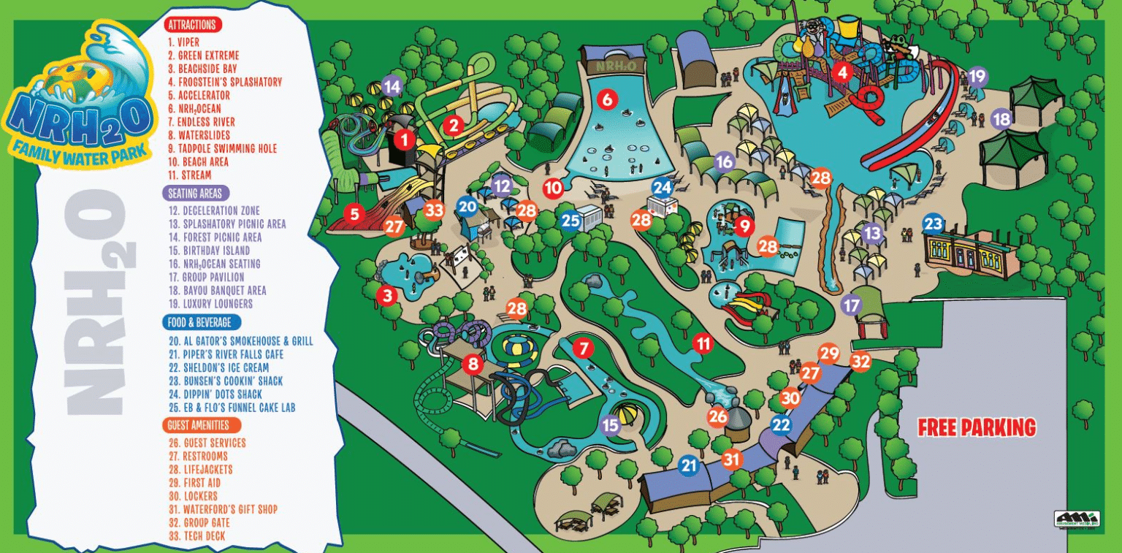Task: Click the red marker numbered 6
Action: (x=607, y=99)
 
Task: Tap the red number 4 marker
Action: (x=843, y=72)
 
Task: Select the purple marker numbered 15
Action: (x=610, y=425)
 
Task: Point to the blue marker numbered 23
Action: (x=933, y=224)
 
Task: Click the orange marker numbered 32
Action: (x=861, y=361)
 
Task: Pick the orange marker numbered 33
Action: (x=435, y=210)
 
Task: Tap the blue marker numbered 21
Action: (x=689, y=465)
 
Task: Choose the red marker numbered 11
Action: (x=703, y=343)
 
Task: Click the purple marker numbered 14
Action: (x=392, y=86)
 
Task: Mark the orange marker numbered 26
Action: (x=718, y=417)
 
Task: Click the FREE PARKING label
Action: (x=977, y=427)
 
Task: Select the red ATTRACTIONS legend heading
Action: (x=192, y=24)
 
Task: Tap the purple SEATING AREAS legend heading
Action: (x=195, y=194)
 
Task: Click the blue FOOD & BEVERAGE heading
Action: (x=201, y=322)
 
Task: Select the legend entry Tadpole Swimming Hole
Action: (x=222, y=148)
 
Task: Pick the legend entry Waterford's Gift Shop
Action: (x=223, y=509)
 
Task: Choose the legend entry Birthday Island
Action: (x=209, y=251)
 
